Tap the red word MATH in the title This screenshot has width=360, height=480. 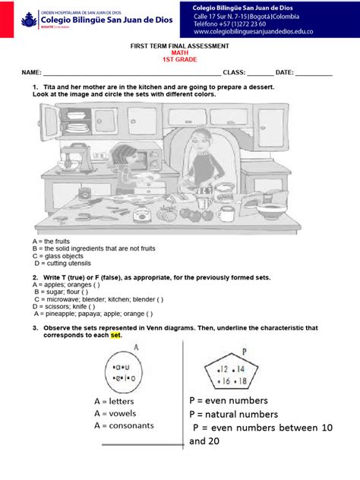(x=179, y=52)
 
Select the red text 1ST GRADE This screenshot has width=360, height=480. (x=179, y=59)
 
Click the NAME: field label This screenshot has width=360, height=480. (x=31, y=73)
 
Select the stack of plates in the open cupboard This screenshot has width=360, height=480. (x=51, y=127)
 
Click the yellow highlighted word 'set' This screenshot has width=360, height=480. (x=115, y=335)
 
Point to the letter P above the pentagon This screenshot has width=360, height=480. (x=245, y=352)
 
